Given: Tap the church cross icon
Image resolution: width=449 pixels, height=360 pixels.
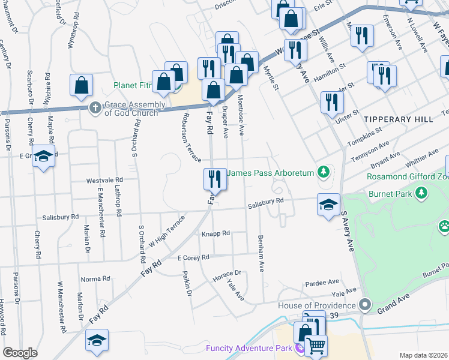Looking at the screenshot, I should [x=94, y=108].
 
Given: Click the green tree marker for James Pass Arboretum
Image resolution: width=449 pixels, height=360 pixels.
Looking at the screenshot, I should [x=324, y=173].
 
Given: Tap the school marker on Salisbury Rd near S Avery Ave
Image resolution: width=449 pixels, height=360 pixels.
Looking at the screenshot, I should [x=328, y=205].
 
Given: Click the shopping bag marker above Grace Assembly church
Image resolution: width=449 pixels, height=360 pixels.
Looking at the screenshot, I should [x=81, y=85].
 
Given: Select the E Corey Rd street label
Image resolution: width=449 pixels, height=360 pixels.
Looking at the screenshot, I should [x=193, y=257].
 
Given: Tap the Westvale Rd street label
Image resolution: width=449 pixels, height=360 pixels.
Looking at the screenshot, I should [x=104, y=179].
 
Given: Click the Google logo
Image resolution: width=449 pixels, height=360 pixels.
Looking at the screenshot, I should [x=20, y=353].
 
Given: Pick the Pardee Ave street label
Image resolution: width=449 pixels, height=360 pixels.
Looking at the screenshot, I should [x=322, y=281].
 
